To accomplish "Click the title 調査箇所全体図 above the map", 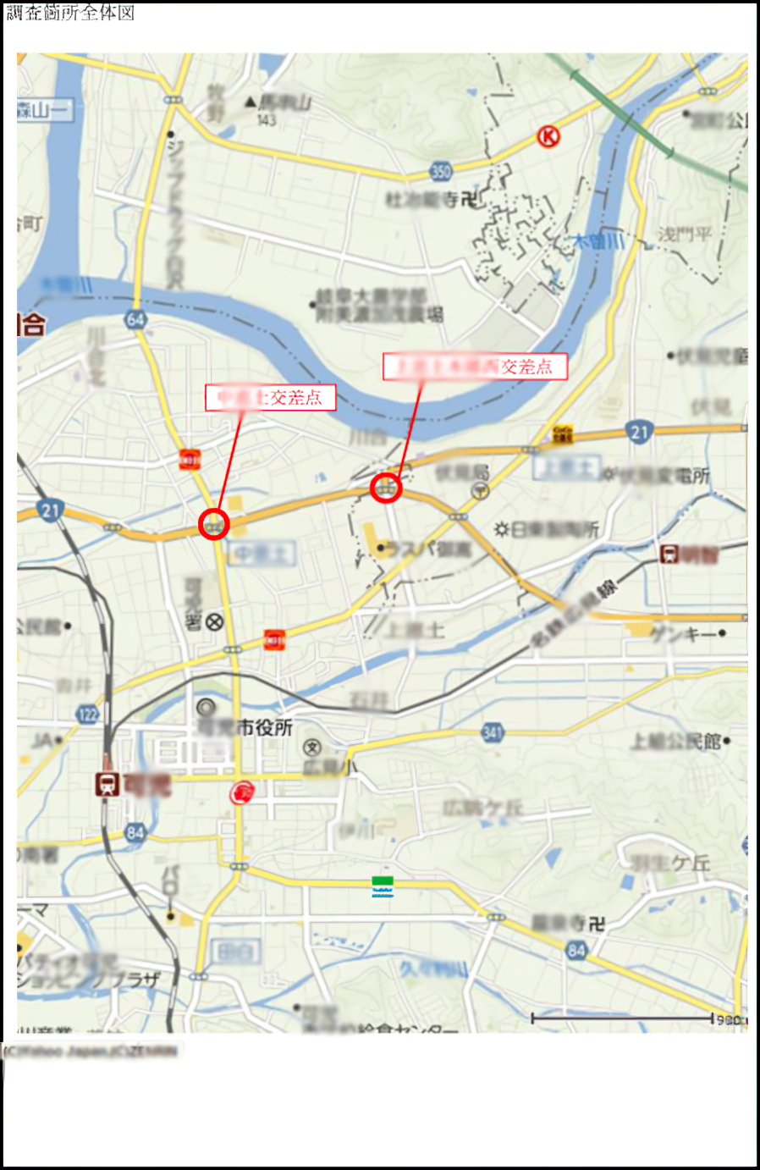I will click(70, 13).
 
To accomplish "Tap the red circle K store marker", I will click(548, 135).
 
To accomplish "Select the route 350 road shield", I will click(441, 172).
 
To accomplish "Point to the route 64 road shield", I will click(135, 319).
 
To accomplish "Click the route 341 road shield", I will click(493, 732).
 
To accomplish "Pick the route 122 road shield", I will click(88, 714).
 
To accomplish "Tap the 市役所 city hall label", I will click(265, 727).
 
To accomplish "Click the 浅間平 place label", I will click(686, 234).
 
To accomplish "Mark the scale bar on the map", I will click(622, 1018).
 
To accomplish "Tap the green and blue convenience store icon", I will click(383, 886).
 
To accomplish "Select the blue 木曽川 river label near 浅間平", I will click(598, 241).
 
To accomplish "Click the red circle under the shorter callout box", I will click(214, 525).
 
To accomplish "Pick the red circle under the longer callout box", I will click(386, 488).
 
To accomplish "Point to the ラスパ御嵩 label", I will click(427, 549).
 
